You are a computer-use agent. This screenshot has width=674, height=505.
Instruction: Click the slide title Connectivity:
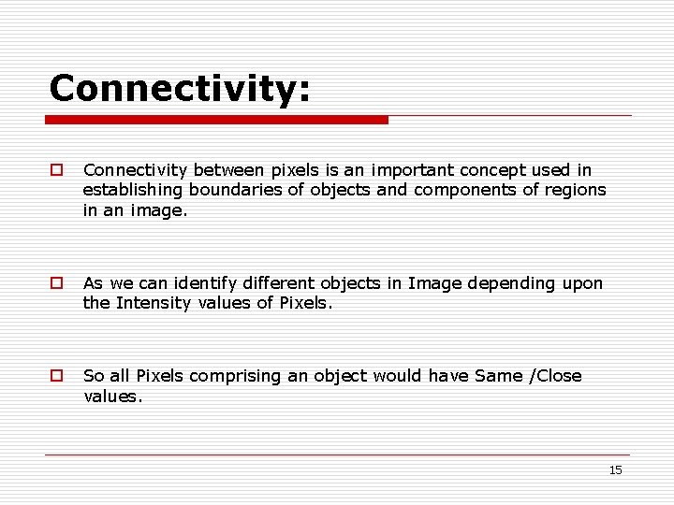(x=180, y=89)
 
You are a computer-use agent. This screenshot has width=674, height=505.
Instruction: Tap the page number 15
(x=615, y=470)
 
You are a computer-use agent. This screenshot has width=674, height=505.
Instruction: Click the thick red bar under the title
(x=217, y=120)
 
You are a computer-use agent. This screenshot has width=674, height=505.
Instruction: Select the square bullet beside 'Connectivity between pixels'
(x=57, y=170)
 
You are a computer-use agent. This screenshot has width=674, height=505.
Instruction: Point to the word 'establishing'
(x=133, y=191)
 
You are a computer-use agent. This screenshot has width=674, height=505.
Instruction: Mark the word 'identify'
(x=201, y=282)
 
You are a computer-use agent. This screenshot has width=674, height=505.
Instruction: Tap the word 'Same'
(x=499, y=376)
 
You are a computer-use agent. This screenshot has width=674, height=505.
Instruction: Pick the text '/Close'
(x=556, y=376)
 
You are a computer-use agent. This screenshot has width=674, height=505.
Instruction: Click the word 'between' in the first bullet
(x=229, y=170)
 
